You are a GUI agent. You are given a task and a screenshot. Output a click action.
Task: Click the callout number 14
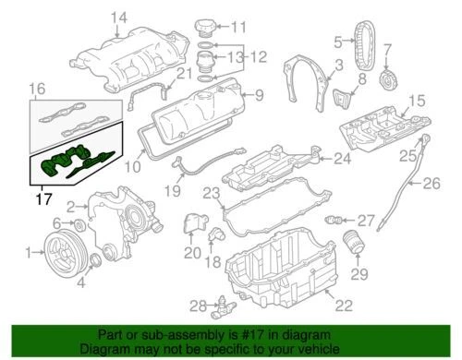[x=117, y=17]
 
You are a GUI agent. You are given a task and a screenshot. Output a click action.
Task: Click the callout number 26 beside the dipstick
[x=432, y=183]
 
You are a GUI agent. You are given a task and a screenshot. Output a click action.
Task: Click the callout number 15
[x=417, y=99]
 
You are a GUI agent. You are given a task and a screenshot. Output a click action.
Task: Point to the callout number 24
[x=344, y=158]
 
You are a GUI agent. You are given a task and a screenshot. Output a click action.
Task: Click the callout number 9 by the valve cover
[x=260, y=94]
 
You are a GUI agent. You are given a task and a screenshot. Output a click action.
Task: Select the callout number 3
[x=339, y=64]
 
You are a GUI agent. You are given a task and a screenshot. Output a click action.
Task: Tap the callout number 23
[x=212, y=193]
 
